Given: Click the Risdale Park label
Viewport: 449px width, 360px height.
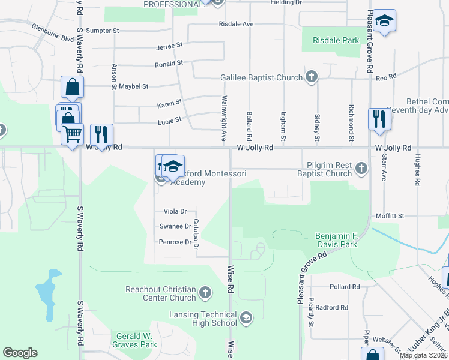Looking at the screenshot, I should click(x=336, y=41).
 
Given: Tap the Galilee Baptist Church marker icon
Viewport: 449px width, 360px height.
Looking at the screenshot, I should click(x=311, y=77).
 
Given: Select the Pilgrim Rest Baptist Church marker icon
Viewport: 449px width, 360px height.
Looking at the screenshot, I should click(x=361, y=169).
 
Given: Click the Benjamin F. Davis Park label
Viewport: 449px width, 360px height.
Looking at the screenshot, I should click(x=336, y=240).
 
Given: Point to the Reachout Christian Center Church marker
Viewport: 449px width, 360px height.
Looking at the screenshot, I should click(x=205, y=293).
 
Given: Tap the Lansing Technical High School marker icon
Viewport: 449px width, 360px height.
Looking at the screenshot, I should click(x=246, y=317).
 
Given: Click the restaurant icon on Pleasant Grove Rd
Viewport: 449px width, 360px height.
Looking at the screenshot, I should click(x=379, y=118).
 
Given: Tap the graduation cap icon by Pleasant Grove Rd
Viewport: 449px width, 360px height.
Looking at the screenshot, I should click(x=384, y=22).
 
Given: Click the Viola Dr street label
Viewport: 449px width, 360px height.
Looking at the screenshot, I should click(x=175, y=211).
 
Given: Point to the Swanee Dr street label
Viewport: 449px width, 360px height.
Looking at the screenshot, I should click(x=175, y=226).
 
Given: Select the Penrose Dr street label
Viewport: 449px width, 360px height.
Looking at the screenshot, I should click(x=175, y=242).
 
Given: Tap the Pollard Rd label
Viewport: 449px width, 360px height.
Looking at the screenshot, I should click(x=344, y=287).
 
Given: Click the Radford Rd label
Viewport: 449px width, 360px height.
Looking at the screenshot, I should click(x=332, y=307).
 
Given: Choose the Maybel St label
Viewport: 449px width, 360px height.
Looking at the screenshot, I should click(x=133, y=86).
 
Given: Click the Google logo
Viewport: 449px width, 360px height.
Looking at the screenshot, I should click(x=20, y=353).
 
